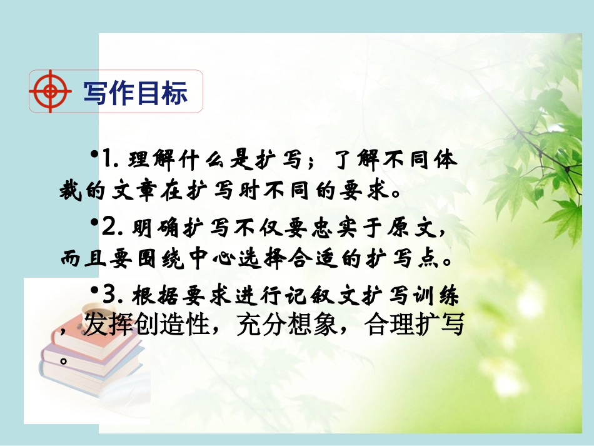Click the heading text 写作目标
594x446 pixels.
[x=135, y=93]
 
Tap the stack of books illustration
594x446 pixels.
[x=88, y=357]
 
